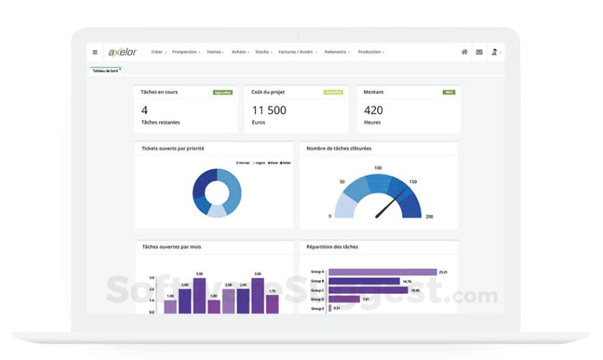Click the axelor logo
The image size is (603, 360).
pos(122,52)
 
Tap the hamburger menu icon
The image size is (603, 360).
pos(95,52)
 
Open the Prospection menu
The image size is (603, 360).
pos(185,52)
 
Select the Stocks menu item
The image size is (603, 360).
pos(263,52)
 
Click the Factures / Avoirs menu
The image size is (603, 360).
pos(298,52)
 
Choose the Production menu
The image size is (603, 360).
pos(370,52)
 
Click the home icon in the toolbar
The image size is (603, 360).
pos(464,52)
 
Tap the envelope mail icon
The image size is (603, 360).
pos(479,52)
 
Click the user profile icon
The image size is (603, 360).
pos(494,52)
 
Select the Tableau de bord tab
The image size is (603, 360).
pos(105,70)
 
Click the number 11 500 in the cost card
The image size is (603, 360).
pos(269,110)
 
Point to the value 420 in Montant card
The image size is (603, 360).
pos(373,110)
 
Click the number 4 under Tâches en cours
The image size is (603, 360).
pos(144,110)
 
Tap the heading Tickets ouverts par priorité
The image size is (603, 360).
pos(172,148)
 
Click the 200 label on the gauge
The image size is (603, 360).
pos(429,216)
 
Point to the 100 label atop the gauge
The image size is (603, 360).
pos(378,168)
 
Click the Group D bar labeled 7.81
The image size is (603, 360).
pos(344,299)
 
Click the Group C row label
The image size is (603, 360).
pos(317,290)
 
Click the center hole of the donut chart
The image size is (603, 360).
pos(216,193)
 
